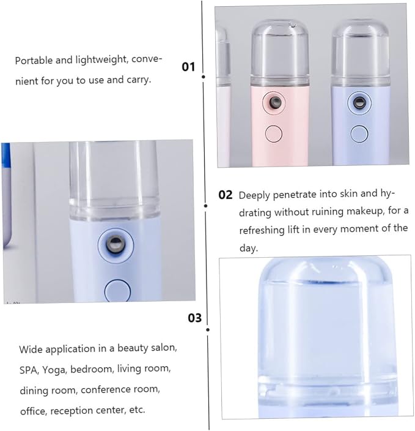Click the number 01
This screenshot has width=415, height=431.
pyautogui.click(x=188, y=67)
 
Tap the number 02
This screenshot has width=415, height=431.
pyautogui.click(x=226, y=195)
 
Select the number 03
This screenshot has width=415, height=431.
pyautogui.click(x=194, y=318)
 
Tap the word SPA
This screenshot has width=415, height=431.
pyautogui.click(x=28, y=370)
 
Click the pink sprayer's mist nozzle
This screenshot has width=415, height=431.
pyautogui.click(x=275, y=102)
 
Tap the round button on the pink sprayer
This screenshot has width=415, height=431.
pyautogui.click(x=274, y=133)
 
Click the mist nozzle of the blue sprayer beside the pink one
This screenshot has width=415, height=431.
pyautogui.click(x=359, y=103)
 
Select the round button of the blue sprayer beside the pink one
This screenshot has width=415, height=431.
pyautogui.click(x=359, y=134)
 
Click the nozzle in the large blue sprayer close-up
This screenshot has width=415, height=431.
pyautogui.click(x=116, y=244)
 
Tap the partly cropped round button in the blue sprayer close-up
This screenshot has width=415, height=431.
pyautogui.click(x=117, y=291)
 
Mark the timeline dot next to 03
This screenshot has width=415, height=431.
pyautogui.click(x=208, y=329)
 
